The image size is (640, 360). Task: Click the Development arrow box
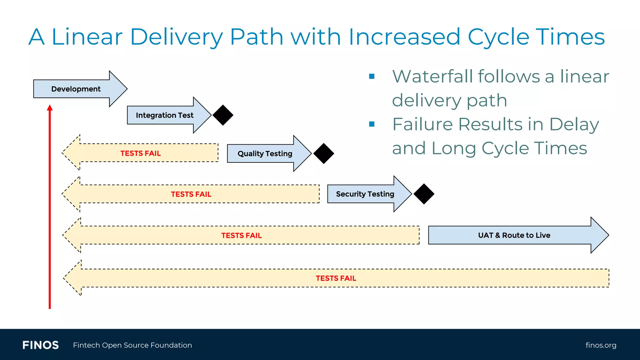pos(76,89)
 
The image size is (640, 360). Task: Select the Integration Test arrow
pos(165,115)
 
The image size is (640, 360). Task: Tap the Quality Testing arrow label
pos(265,154)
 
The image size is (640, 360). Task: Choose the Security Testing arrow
pos(365,194)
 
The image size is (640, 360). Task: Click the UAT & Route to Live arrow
pos(514,235)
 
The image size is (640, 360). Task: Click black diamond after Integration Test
pos(223,115)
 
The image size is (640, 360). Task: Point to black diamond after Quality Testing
pos(324,153)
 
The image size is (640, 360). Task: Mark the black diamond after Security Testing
pos(424,194)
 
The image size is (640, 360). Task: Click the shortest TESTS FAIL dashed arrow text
pos(141,153)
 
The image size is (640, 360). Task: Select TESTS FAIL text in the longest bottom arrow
pos(336,278)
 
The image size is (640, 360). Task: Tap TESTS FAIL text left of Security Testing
pos(191,194)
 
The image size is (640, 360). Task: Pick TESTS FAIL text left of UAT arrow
pos(241,236)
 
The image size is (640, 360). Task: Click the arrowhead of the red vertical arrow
pos(50,108)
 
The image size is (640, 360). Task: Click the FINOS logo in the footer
pos(41,345)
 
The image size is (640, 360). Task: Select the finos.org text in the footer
pos(601,345)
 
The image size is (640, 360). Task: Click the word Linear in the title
pos(87,37)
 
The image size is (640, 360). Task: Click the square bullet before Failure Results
pos(372,124)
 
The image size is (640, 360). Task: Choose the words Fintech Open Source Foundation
pos(132,345)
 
